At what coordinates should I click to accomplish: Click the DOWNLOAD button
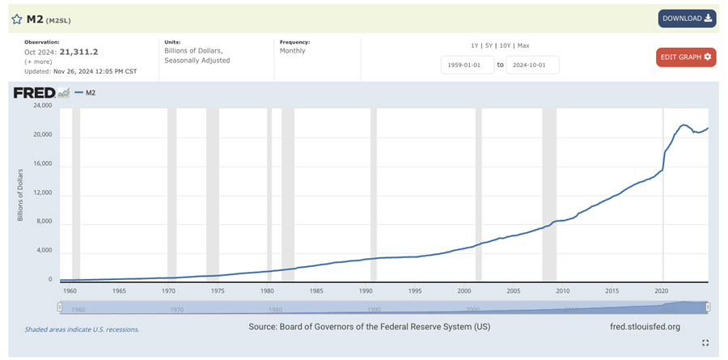click(687, 18)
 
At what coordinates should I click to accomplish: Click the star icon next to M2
click(17, 19)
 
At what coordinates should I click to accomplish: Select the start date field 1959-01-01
click(467, 65)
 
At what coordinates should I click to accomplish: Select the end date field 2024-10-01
click(532, 65)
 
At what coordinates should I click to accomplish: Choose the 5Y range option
click(488, 45)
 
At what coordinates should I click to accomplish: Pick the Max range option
click(523, 45)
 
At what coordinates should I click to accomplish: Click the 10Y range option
click(504, 45)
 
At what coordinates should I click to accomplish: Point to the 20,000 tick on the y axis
click(41, 134)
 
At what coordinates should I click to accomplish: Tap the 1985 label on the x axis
click(316, 290)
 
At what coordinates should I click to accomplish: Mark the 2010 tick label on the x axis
click(562, 290)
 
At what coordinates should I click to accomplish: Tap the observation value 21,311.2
click(78, 52)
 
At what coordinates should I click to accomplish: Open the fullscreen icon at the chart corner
click(705, 343)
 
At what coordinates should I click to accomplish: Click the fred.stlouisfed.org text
click(645, 327)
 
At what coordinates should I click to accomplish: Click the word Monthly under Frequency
click(293, 50)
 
